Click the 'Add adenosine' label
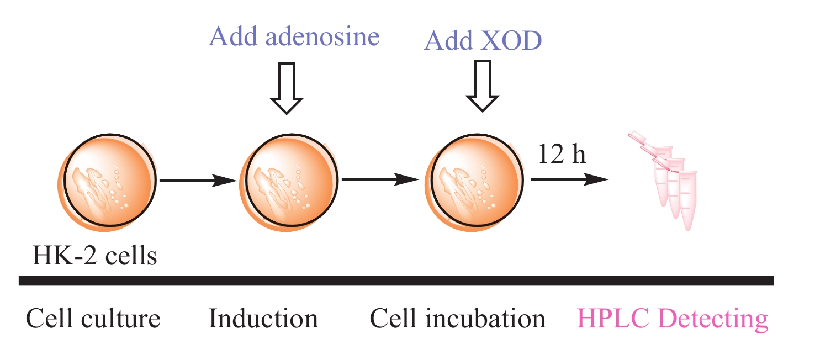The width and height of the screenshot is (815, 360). (x=294, y=36)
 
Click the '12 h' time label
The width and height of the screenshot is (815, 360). (x=562, y=155)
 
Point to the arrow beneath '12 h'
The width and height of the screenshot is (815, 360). (x=569, y=179)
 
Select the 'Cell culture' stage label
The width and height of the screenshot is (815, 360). (x=93, y=319)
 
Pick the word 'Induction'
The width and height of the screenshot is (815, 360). (x=263, y=319)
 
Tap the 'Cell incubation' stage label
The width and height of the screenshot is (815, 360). (x=457, y=319)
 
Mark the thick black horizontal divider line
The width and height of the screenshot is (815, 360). (x=395, y=281)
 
